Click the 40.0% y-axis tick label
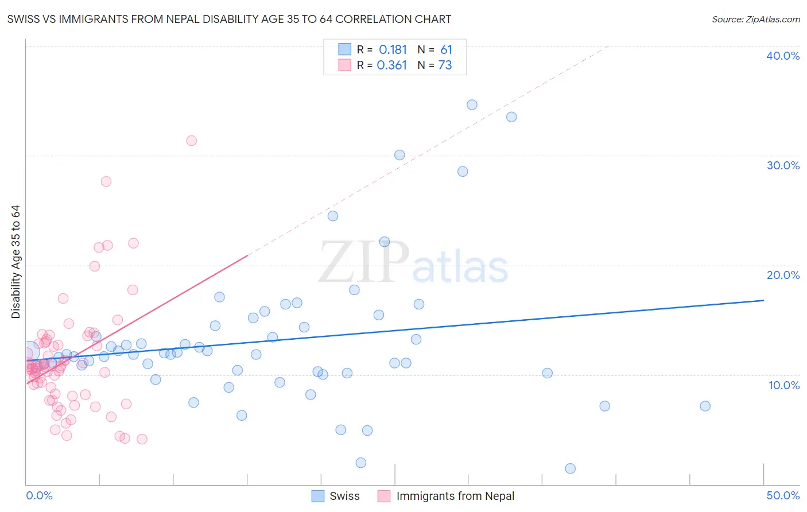click(783, 56)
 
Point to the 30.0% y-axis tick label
click(783, 165)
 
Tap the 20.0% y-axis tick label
click(783, 275)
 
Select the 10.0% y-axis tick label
click(784, 385)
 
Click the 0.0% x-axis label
click(39, 495)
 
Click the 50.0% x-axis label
click(783, 495)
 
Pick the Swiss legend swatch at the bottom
click(318, 496)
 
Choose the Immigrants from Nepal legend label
click(455, 496)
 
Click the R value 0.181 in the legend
click(393, 50)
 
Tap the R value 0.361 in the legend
click(391, 65)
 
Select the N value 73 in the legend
click(445, 65)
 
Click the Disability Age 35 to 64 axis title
click(15, 262)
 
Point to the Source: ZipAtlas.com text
click(755, 20)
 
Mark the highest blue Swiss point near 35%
click(472, 104)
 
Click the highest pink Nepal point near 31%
click(192, 141)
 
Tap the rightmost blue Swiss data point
click(705, 406)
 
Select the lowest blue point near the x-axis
click(570, 468)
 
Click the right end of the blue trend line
click(763, 300)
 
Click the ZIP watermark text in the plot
click(364, 262)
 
